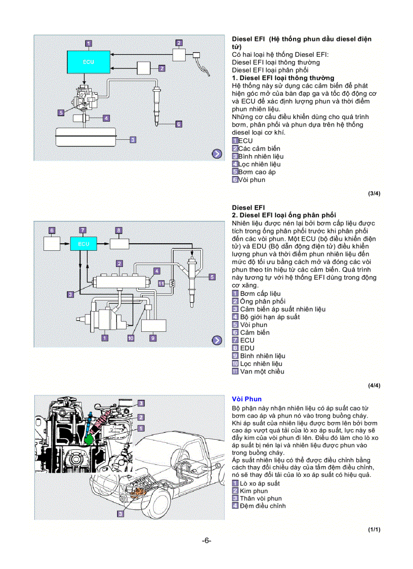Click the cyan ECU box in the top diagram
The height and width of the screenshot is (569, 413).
click(88, 62)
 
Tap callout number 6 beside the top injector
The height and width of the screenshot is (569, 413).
click(178, 124)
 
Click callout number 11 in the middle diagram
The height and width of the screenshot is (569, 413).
click(161, 284)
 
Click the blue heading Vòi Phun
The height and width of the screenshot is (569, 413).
click(246, 399)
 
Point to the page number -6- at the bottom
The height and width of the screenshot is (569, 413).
click(206, 541)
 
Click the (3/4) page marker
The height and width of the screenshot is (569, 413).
click(374, 194)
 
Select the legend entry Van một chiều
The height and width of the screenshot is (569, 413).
click(262, 371)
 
